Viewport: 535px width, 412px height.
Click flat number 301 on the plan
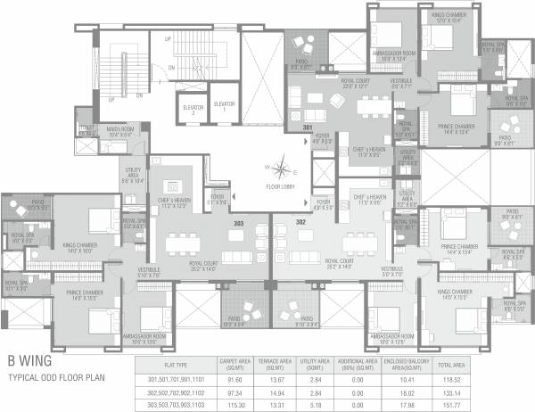308,128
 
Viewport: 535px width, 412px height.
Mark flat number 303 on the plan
238,223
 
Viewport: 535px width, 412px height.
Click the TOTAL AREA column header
449,365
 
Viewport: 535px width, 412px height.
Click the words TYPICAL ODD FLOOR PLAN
57,378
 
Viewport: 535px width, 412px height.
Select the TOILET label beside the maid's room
86,128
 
